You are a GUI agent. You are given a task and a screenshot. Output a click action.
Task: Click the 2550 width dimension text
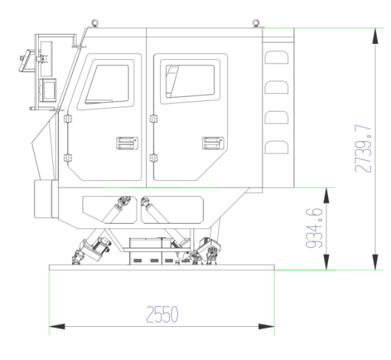[162, 314]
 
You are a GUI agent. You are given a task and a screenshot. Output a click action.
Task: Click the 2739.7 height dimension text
[363, 149]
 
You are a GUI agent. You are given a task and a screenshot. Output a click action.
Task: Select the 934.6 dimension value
[314, 228]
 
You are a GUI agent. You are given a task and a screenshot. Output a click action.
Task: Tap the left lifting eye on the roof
[95, 23]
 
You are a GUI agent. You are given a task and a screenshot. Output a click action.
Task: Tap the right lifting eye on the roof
[256, 23]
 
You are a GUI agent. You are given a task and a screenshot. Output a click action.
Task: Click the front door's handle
[127, 143]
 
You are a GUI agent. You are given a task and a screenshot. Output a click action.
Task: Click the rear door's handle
[213, 143]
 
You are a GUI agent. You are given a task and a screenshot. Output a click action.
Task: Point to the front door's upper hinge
[68, 119]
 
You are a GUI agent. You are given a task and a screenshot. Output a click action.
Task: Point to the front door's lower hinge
[68, 158]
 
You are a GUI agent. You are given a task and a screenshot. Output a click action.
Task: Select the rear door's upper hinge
[154, 119]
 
